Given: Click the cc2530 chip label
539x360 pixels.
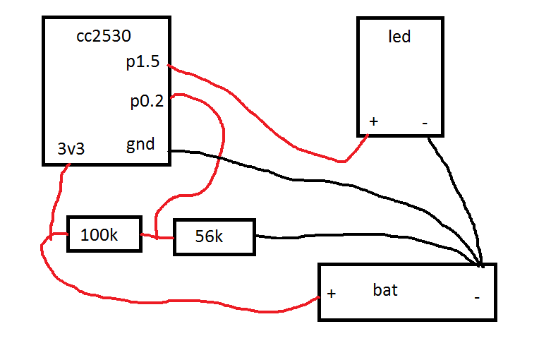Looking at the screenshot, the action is pyautogui.click(x=104, y=36).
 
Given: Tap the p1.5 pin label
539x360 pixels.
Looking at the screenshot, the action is pyautogui.click(x=143, y=62).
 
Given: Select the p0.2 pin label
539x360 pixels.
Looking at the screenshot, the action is pyautogui.click(x=147, y=102).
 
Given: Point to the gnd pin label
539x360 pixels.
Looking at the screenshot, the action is pyautogui.click(x=140, y=145).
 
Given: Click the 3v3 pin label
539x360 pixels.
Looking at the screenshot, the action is pyautogui.click(x=71, y=148).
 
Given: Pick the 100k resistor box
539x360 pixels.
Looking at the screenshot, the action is pyautogui.click(x=104, y=234).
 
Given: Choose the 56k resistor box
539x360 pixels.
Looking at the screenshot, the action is pyautogui.click(x=214, y=237).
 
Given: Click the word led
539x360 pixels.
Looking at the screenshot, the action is pyautogui.click(x=399, y=37).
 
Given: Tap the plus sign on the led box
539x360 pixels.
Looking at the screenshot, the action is pyautogui.click(x=374, y=121).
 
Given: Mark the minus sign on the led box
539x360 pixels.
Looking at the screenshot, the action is pyautogui.click(x=425, y=123).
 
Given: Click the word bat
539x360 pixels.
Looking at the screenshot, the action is pyautogui.click(x=385, y=289).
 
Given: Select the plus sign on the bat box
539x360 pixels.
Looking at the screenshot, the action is pyautogui.click(x=332, y=294).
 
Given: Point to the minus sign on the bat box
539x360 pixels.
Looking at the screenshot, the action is pyautogui.click(x=477, y=297).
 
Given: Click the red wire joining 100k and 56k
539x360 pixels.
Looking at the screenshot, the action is pyautogui.click(x=157, y=236).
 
